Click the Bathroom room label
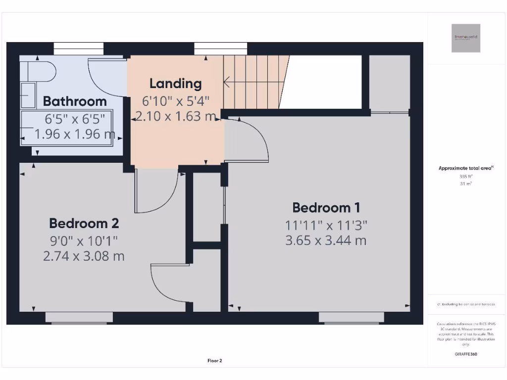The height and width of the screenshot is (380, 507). [x=75, y=101]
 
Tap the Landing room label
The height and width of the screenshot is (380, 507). [x=176, y=84]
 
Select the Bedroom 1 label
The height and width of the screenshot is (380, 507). [x=326, y=208]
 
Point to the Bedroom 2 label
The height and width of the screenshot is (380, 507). [x=84, y=224]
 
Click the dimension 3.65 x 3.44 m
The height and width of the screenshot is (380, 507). [x=326, y=241]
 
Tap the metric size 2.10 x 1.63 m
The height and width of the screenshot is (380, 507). [x=176, y=117]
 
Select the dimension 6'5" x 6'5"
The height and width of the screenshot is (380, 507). [x=75, y=119]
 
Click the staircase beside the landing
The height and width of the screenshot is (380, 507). [x=255, y=82]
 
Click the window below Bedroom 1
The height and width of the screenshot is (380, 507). [x=351, y=318]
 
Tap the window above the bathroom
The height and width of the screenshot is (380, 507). [x=79, y=48]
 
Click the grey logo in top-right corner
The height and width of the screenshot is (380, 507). [x=465, y=38]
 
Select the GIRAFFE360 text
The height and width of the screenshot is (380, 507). [x=465, y=354]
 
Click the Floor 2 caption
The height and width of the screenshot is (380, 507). [x=214, y=361]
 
